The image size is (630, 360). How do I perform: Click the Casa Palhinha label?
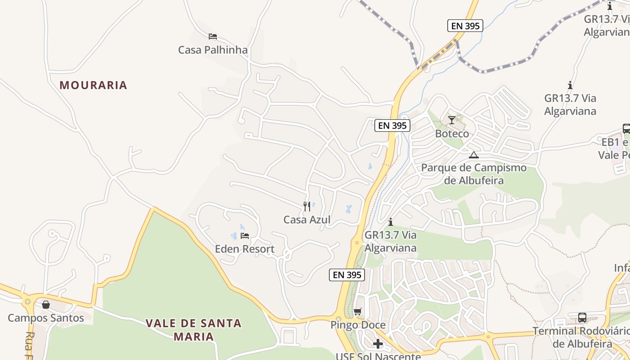(213, 49)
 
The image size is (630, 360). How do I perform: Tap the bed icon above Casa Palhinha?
(213, 36)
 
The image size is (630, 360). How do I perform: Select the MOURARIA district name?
(93, 85)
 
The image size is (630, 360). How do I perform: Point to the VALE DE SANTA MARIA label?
(193, 329)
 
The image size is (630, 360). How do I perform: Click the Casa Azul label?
(307, 220)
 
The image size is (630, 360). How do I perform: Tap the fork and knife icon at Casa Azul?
(307, 207)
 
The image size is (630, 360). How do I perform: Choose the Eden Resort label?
(244, 249)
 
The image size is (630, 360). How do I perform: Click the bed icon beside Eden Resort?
(245, 235)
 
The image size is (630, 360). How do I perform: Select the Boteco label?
(452, 134)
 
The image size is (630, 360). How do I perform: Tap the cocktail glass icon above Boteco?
(452, 120)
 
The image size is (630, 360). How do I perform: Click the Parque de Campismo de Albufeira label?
(473, 174)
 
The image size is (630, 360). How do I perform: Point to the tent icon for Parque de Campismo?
(473, 155)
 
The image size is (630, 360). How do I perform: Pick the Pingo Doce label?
(358, 325)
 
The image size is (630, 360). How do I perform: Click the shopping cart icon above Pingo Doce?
(358, 311)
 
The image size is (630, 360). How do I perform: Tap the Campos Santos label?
(46, 318)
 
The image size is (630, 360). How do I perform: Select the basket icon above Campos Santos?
(46, 305)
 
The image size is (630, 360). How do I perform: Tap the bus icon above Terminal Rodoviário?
(582, 317)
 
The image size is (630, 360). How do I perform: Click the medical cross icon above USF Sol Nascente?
(378, 344)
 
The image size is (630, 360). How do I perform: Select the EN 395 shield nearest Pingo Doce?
(346, 274)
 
